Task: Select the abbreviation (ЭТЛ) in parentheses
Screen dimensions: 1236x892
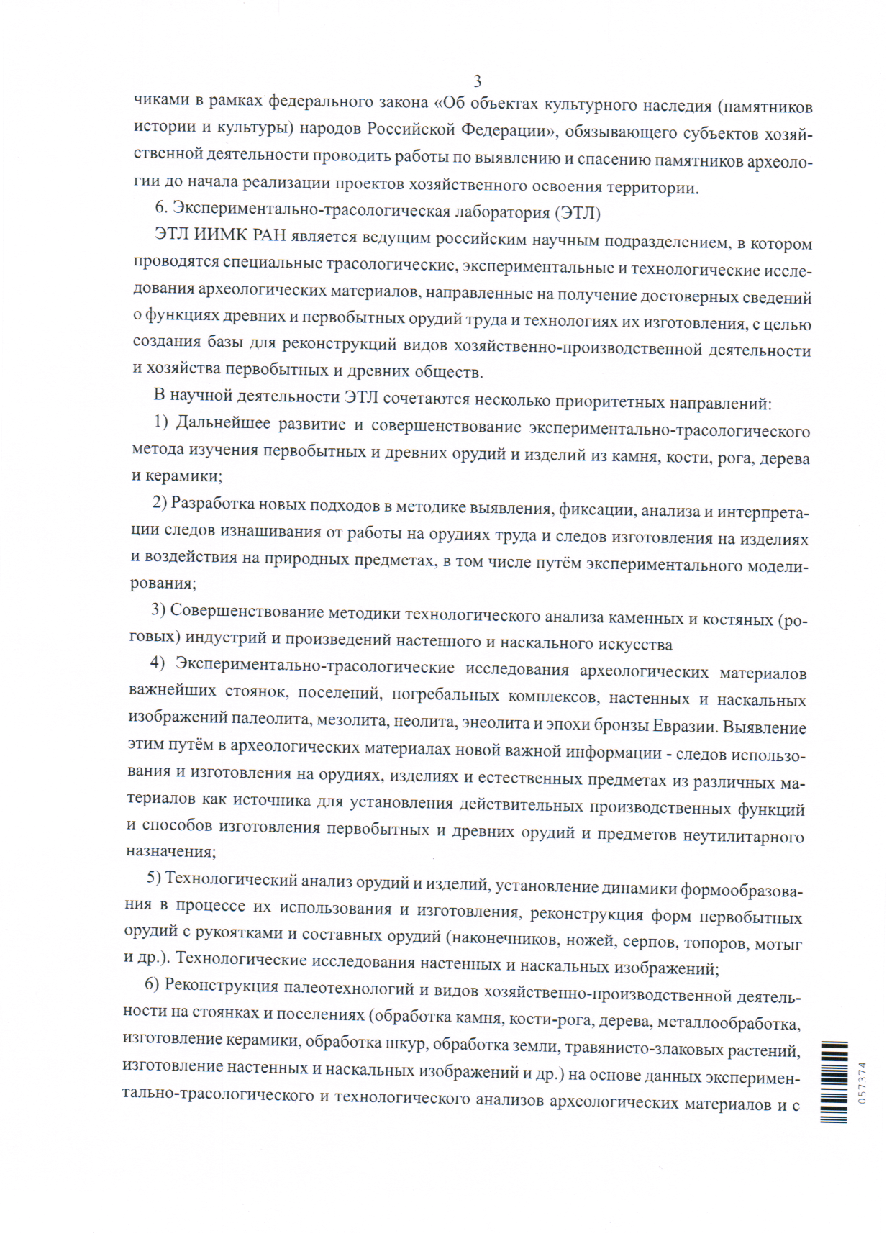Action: point(577,214)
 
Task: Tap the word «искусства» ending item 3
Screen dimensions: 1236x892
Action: point(637,645)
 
